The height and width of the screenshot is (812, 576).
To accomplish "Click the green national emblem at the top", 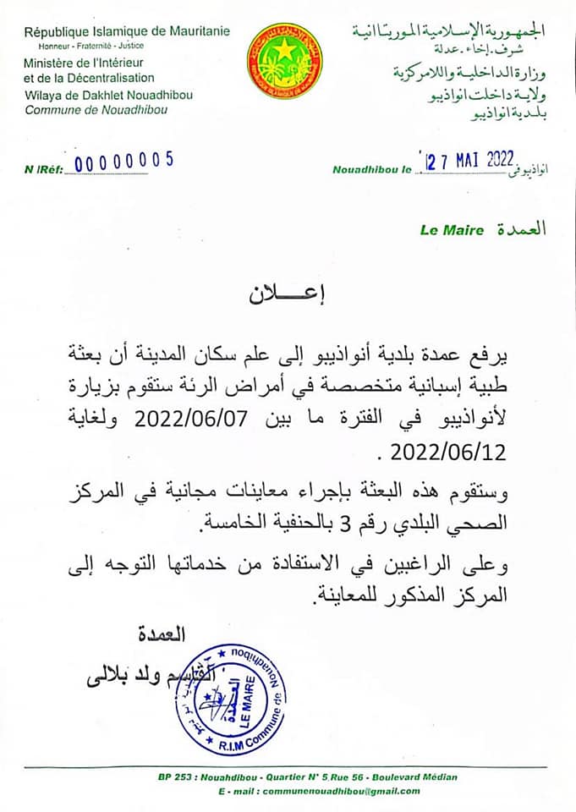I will click(x=284, y=62).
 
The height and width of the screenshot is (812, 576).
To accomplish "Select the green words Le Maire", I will click(x=452, y=230).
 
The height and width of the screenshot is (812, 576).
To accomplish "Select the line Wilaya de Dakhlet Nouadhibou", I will click(x=108, y=95).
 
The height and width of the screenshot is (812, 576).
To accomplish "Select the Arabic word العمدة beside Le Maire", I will click(x=521, y=229).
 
